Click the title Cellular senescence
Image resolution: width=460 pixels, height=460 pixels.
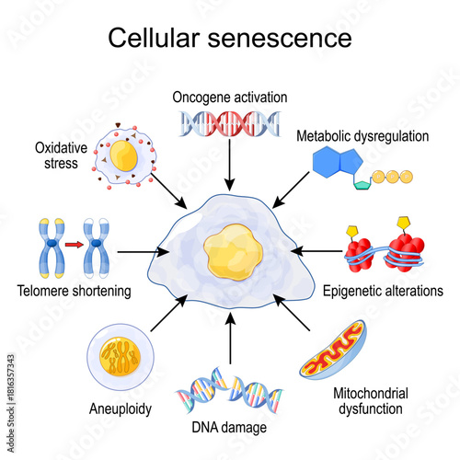(229, 38)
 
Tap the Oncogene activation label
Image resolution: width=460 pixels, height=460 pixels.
(229, 98)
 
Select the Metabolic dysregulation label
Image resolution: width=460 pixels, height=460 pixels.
(362, 136)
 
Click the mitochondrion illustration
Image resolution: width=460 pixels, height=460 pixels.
(337, 352)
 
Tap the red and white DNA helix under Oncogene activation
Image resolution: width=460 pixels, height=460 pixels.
(229, 122)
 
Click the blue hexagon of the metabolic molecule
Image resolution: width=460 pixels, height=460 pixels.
(334, 163)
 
